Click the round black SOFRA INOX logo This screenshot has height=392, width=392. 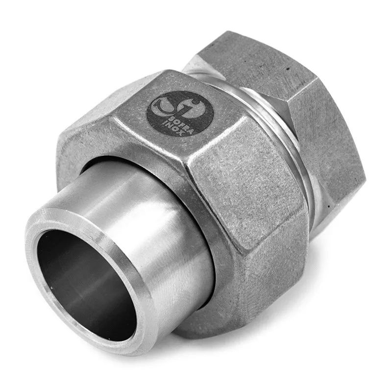coord(180,114)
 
